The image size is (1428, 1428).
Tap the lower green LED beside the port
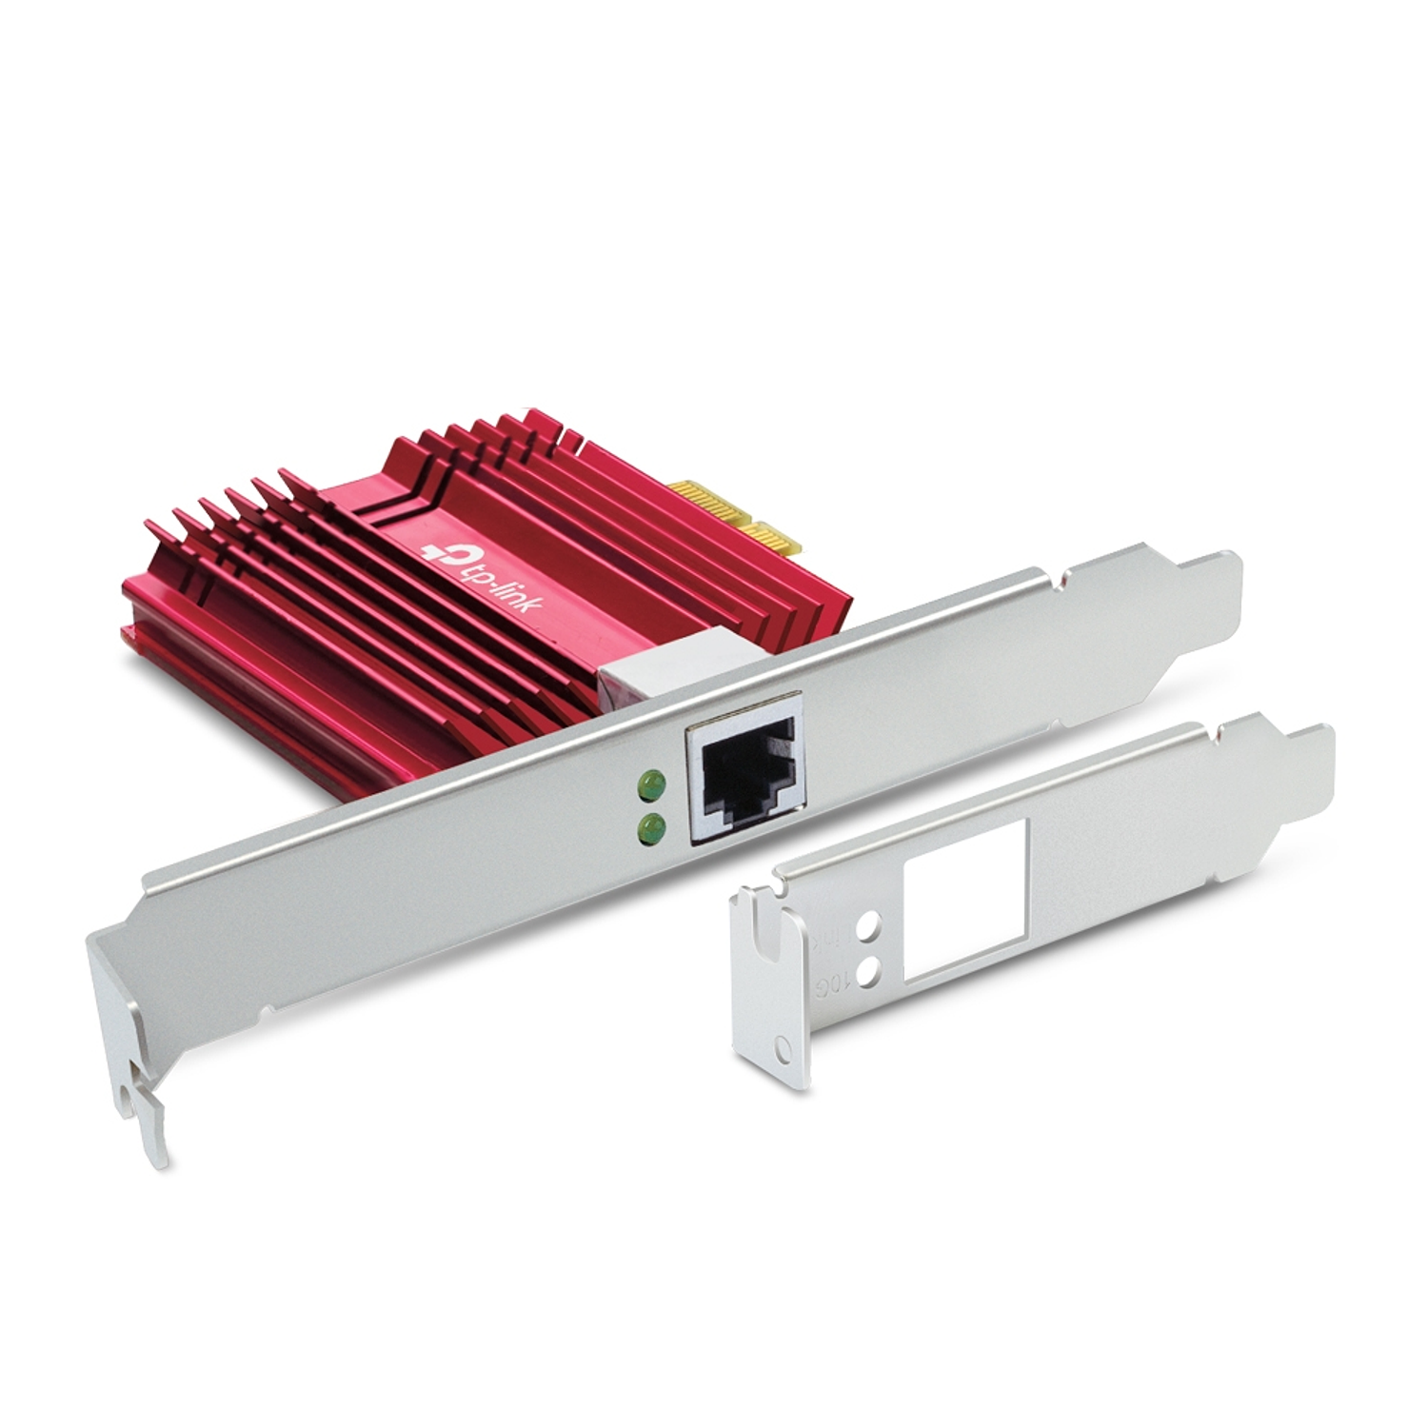pos(651,824)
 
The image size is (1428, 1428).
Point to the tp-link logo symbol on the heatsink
pos(441,551)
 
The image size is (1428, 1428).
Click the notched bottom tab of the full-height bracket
pos(149,1123)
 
